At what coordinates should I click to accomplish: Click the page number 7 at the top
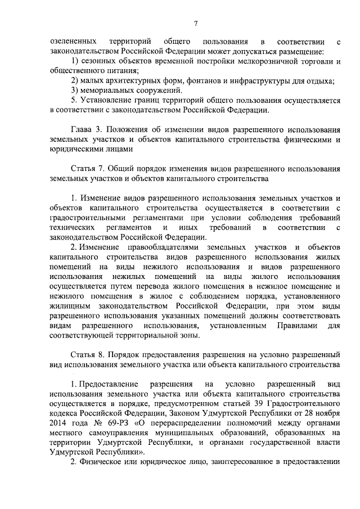coord(195,23)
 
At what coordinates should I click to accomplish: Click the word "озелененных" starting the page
coord(70,42)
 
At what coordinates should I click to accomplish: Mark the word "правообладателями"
coord(160,247)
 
